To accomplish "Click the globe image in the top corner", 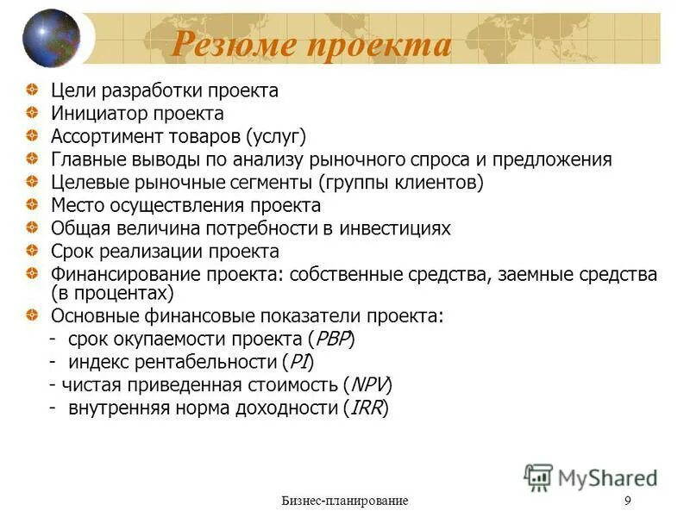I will [x=51, y=39].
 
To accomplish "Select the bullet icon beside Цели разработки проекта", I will [x=32, y=90].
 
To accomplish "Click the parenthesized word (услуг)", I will [x=276, y=136].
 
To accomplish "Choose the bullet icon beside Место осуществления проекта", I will [x=32, y=205].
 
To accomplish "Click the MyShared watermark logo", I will [x=591, y=477].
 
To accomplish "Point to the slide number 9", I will [x=627, y=501].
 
